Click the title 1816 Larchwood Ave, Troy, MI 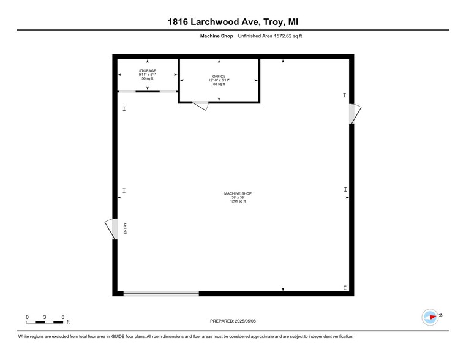coord(233,23)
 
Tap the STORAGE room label coord(147,71)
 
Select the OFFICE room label coord(219,77)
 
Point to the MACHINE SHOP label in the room coord(238,193)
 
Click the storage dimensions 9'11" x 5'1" coord(147,75)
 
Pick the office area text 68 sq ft coord(219,84)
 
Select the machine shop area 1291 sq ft coord(238,201)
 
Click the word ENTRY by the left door coord(125,229)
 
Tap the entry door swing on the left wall coord(110,229)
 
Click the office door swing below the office coord(201,106)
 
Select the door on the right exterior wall coord(355,114)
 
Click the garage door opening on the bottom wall coord(161,294)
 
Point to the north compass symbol coord(431,317)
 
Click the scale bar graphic coord(45,322)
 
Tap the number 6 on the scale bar coord(63,317)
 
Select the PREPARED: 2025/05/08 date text coord(233,321)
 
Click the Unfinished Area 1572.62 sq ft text coord(270,36)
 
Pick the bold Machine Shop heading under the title coord(216,36)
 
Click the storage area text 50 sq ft coord(147,79)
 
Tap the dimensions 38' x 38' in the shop coord(238,197)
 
